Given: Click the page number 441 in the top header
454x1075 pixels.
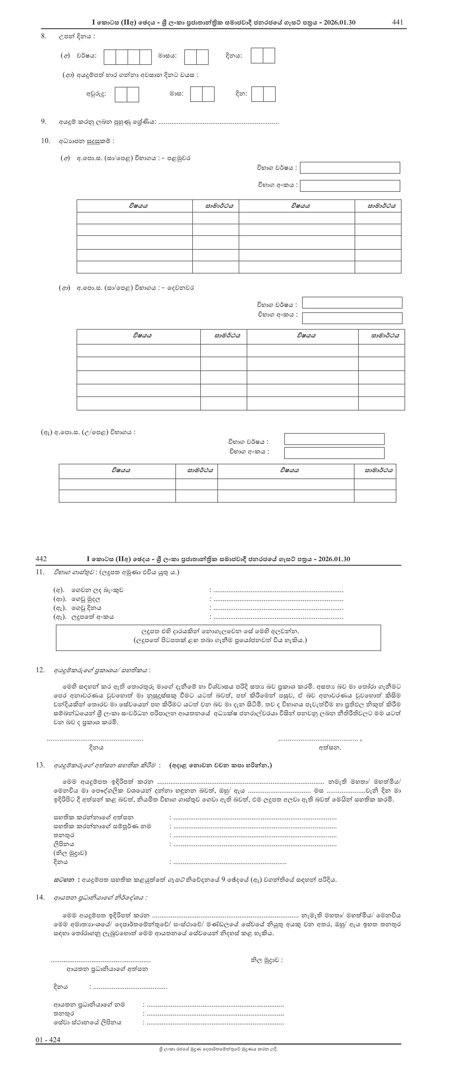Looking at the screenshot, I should pyautogui.click(x=398, y=22).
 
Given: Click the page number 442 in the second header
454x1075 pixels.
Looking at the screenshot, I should pyautogui.click(x=41, y=559).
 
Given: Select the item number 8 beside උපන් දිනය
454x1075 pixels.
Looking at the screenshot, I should pyautogui.click(x=43, y=36).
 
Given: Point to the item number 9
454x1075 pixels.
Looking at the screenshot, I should pyautogui.click(x=43, y=121).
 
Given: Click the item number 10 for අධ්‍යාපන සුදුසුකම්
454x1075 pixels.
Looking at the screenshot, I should pyautogui.click(x=45, y=141).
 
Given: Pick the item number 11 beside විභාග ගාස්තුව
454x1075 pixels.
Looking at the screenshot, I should pyautogui.click(x=40, y=572).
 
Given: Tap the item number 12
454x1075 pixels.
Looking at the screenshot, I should pyautogui.click(x=40, y=670).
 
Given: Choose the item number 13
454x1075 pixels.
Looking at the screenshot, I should pyautogui.click(x=40, y=765).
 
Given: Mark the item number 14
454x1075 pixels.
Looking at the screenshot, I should pyautogui.click(x=40, y=897).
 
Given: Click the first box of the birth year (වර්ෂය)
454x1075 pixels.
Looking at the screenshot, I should pyautogui.click(x=110, y=57).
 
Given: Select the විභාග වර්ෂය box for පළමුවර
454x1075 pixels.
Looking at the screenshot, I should pyautogui.click(x=350, y=168).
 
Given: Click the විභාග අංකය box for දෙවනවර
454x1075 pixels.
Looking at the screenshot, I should pyautogui.click(x=352, y=318).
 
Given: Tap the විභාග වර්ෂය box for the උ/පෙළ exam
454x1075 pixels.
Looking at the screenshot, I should pyautogui.click(x=334, y=439).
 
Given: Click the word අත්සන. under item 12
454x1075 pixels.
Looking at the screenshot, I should pyautogui.click(x=330, y=747).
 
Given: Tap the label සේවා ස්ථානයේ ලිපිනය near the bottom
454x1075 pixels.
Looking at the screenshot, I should pyautogui.click(x=87, y=1022).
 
